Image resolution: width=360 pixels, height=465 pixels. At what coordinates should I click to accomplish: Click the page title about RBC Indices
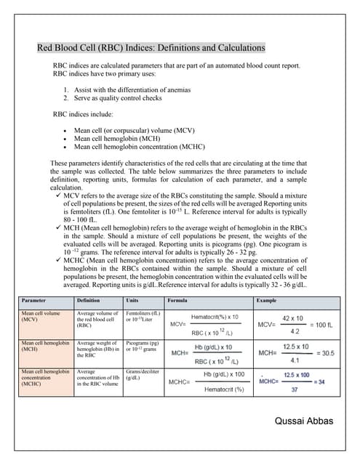[151, 49]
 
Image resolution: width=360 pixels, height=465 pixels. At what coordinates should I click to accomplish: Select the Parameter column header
[33, 299]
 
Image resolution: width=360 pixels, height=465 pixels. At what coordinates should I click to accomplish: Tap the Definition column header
[88, 299]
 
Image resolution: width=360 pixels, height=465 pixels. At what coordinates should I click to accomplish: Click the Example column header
[266, 299]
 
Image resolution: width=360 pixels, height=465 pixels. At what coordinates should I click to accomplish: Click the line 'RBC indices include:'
[83, 114]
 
